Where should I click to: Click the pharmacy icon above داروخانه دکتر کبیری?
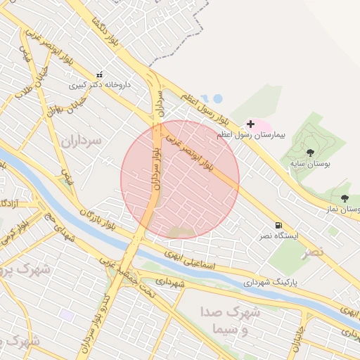pos(99,74)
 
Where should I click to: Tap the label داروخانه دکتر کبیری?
pos(100,85)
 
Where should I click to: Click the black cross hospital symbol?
pos(250,124)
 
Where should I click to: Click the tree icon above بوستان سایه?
pos(310,153)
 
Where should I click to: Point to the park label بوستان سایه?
pos(310,163)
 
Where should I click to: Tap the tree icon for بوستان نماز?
pos(345,198)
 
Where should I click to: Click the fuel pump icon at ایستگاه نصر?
pos(279,225)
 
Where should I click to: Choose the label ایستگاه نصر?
pos(280,236)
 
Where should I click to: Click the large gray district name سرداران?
pos(82,141)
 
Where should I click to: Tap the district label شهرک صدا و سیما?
pos(236,321)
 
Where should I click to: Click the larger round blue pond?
pos(217,98)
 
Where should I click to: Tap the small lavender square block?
pos(67,314)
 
